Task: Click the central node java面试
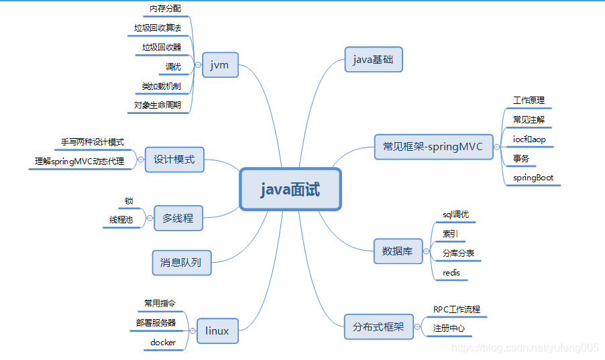pyautogui.click(x=290, y=189)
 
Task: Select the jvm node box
pyautogui.click(x=220, y=65)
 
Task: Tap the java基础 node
pyautogui.click(x=374, y=60)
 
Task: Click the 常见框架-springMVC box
pyautogui.click(x=433, y=147)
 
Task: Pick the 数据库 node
pyautogui.click(x=398, y=251)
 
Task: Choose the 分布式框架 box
pyautogui.click(x=378, y=327)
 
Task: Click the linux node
pyautogui.click(x=217, y=331)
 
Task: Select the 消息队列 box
pyautogui.click(x=181, y=262)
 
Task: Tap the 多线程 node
pyautogui.click(x=178, y=218)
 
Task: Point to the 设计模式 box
pyautogui.click(x=174, y=160)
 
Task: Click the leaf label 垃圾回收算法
pyautogui.click(x=158, y=28)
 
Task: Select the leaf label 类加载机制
pyautogui.click(x=161, y=86)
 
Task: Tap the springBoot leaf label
pyautogui.click(x=533, y=178)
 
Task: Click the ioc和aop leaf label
pyautogui.click(x=529, y=139)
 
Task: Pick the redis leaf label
pyautogui.click(x=451, y=273)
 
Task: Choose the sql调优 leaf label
pyautogui.click(x=455, y=215)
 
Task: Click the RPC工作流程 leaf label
pyautogui.click(x=456, y=310)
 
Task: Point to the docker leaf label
pyautogui.click(x=163, y=342)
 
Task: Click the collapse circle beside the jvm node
pyautogui.click(x=198, y=65)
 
